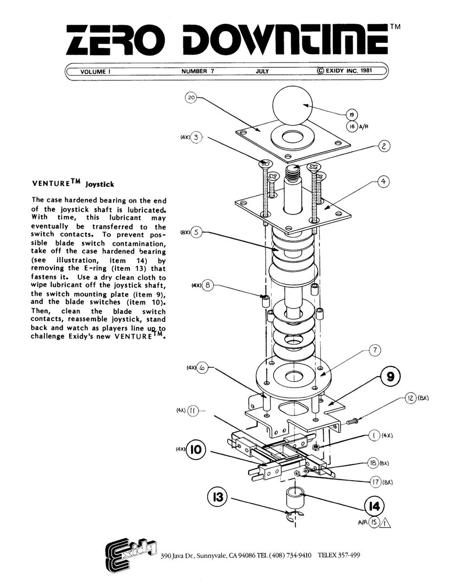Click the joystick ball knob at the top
click(293, 105)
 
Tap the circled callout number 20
click(191, 97)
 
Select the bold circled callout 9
click(391, 377)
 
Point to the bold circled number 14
click(374, 507)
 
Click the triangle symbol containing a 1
click(385, 524)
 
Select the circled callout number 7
click(375, 350)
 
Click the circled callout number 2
click(384, 146)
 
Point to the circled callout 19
click(352, 115)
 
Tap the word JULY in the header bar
click(262, 71)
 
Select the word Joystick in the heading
click(99, 184)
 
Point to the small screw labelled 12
click(351, 421)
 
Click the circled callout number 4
click(383, 181)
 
